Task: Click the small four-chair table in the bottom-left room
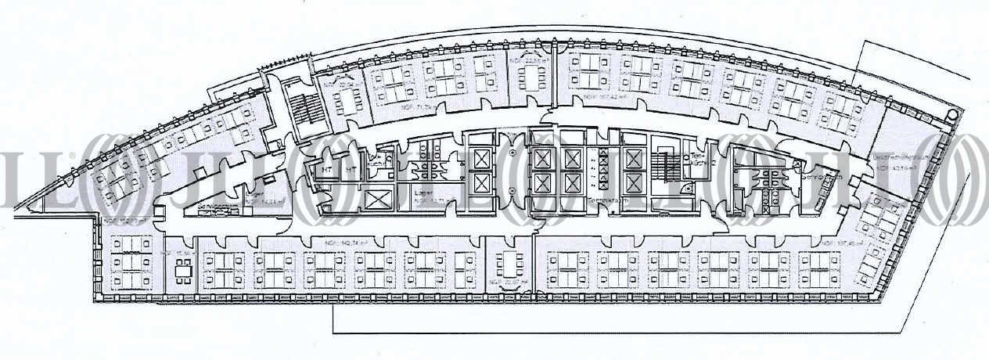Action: point(183,270)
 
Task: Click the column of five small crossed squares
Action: point(602,169)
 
